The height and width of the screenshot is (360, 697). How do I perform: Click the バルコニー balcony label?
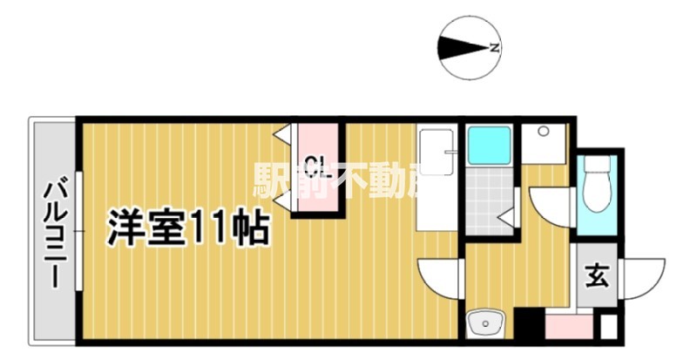pyautogui.click(x=56, y=231)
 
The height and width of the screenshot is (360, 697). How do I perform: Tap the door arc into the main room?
pyautogui.click(x=441, y=277)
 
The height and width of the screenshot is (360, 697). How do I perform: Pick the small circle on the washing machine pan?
pyautogui.click(x=542, y=132)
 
